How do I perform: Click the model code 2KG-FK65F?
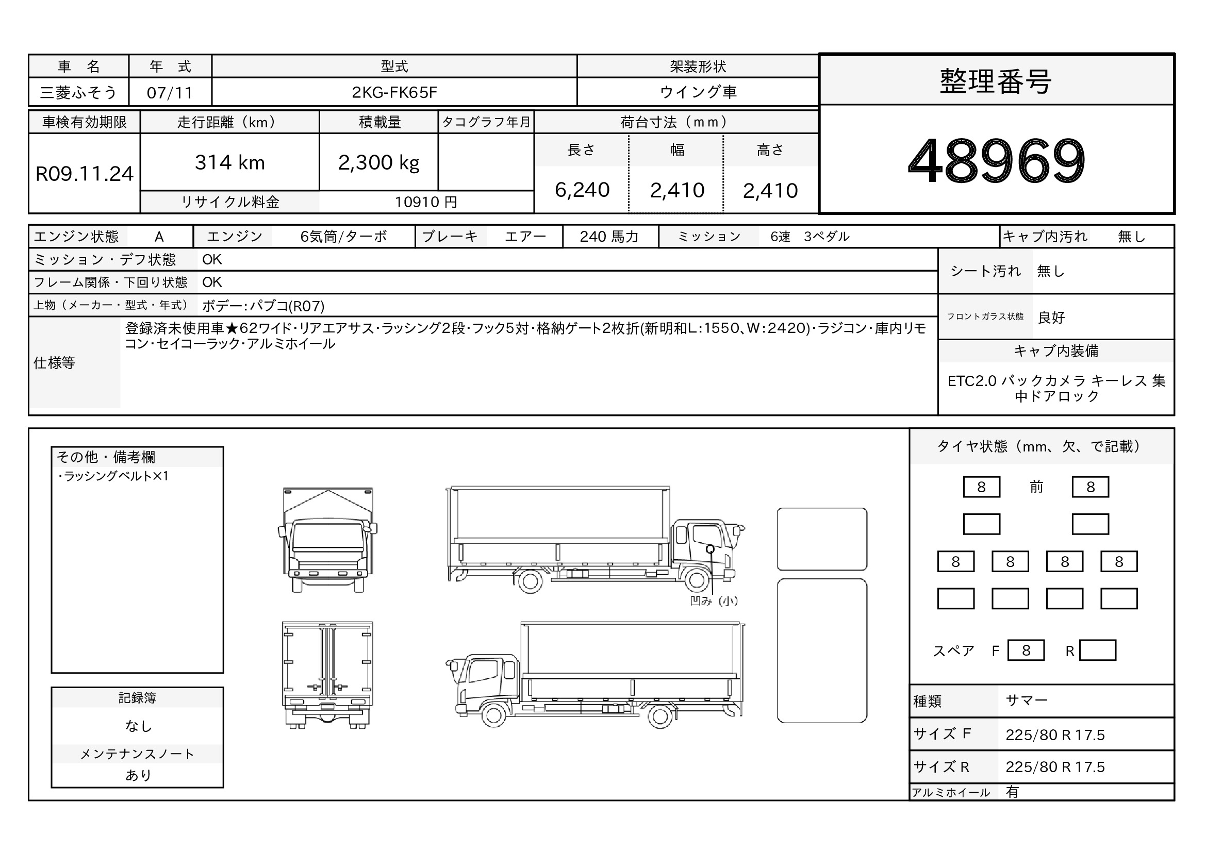coord(394,92)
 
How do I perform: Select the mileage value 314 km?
coord(229,163)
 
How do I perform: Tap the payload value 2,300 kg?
coord(379,163)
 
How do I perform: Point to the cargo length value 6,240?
coord(582,190)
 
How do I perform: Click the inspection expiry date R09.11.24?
coord(85,174)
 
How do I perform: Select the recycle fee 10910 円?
coord(426,202)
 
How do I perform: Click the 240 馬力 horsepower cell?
coord(609,237)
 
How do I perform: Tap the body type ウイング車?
coord(698,92)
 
